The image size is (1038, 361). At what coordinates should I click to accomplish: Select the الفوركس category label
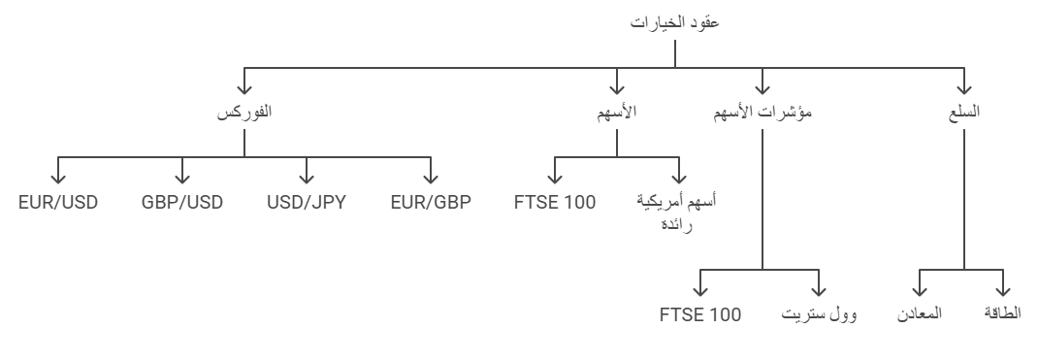coord(243,112)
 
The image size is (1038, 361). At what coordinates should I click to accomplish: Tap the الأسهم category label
coord(617,112)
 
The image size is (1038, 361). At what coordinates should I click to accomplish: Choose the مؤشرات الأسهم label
coord(762,112)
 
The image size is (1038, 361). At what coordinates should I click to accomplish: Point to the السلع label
coord(963,112)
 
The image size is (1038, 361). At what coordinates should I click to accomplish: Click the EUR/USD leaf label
coord(58,203)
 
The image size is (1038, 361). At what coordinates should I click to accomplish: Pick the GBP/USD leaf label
coord(182,203)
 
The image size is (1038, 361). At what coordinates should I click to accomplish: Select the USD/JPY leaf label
coord(307,203)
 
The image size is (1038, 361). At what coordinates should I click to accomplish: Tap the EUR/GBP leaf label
coord(428,203)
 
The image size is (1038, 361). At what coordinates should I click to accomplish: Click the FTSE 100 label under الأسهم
coord(555,203)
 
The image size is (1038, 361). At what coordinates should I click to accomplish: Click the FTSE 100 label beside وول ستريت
coord(700,315)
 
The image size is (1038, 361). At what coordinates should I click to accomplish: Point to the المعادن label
coord(921,315)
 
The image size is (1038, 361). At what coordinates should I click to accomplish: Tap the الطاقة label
coord(1001,315)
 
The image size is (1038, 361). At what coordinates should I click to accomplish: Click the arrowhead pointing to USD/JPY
coord(307,179)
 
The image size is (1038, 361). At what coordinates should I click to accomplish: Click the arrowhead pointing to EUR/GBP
coord(428,179)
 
